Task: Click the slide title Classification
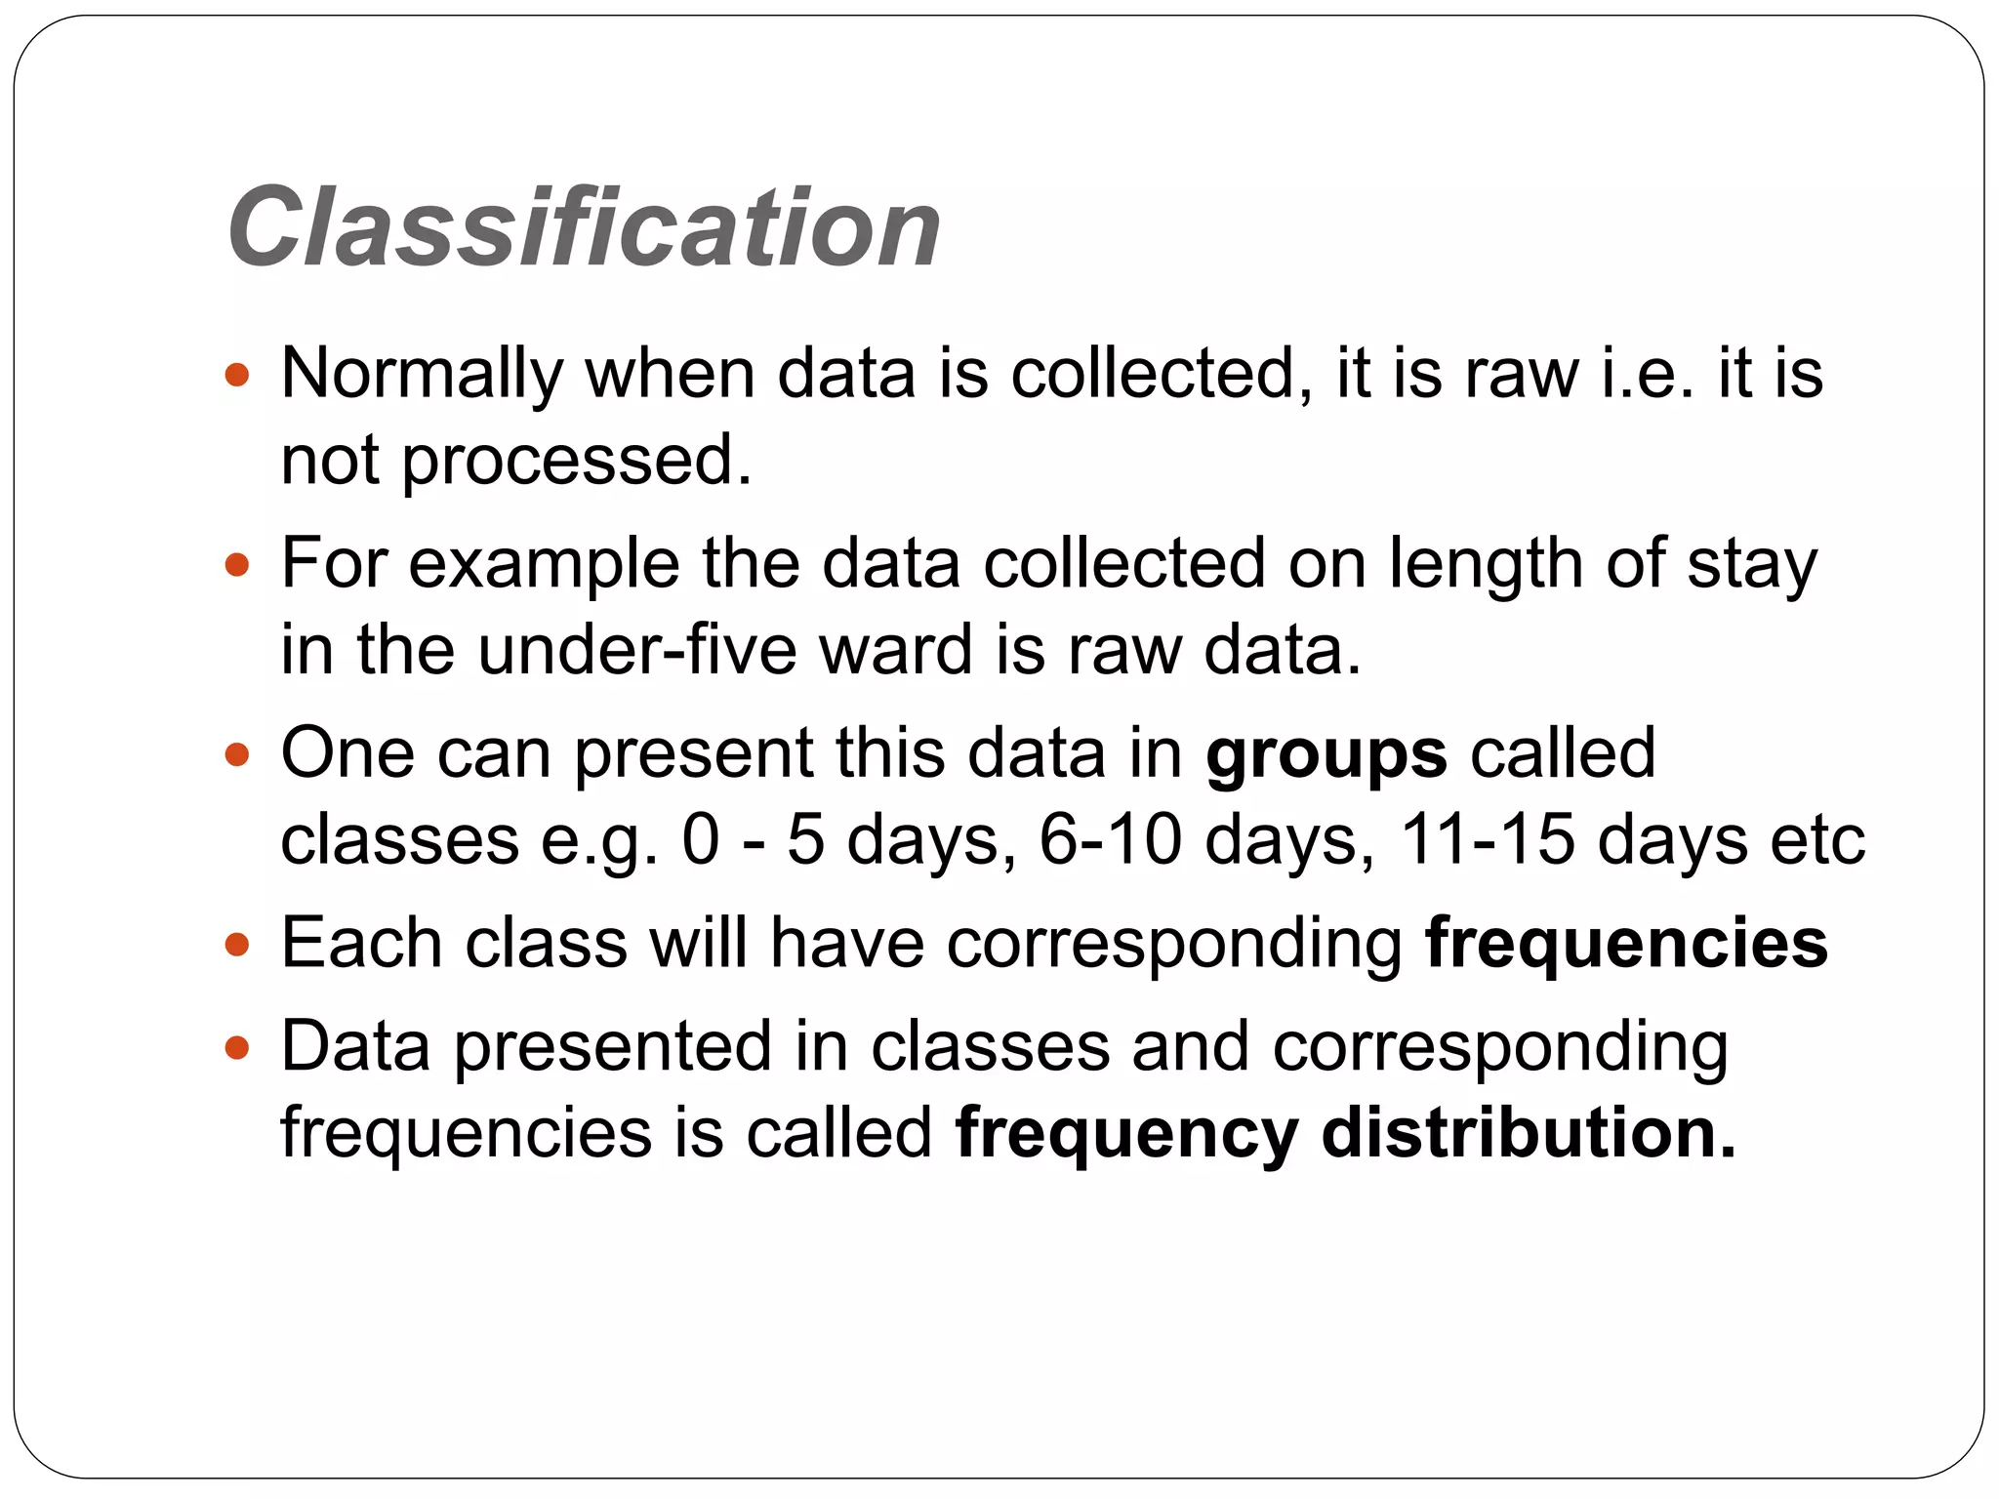click(584, 228)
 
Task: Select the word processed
click(577, 461)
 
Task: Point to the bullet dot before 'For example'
click(237, 565)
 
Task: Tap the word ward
click(896, 651)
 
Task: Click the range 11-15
click(1487, 840)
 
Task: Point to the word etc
click(1817, 840)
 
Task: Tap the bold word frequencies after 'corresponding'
click(1626, 944)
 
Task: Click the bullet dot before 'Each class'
click(237, 945)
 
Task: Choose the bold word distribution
click(1529, 1133)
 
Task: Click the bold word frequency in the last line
click(1126, 1135)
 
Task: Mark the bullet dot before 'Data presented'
click(237, 1049)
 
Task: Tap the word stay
click(1752, 565)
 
